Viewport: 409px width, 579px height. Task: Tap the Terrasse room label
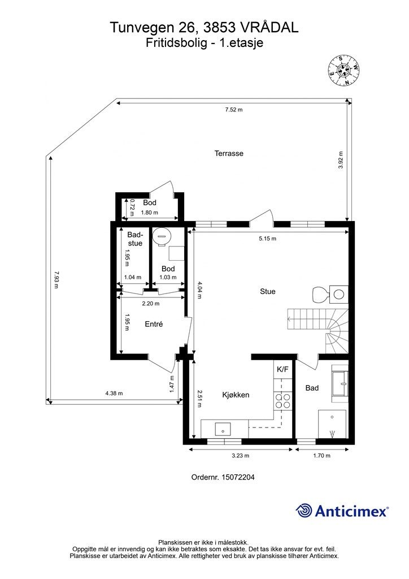(x=229, y=153)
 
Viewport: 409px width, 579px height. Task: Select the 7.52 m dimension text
(x=234, y=110)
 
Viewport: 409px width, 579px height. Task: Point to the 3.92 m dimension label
(x=341, y=160)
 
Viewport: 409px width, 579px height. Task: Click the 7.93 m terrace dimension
(x=56, y=280)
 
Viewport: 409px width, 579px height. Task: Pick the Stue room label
(x=267, y=291)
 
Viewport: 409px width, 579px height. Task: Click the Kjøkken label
(x=236, y=395)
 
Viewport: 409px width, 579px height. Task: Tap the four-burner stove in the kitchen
(x=282, y=401)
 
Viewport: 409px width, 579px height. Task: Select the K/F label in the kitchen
(x=282, y=369)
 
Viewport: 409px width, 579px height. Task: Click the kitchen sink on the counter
(x=223, y=430)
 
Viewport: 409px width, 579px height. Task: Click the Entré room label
(x=154, y=324)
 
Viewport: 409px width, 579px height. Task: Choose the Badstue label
(x=135, y=239)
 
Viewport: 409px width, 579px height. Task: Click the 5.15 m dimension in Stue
(x=267, y=239)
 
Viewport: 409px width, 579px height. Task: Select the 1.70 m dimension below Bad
(x=321, y=456)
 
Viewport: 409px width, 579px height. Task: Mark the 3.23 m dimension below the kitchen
(x=241, y=456)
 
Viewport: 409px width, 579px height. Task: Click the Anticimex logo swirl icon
(x=303, y=511)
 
